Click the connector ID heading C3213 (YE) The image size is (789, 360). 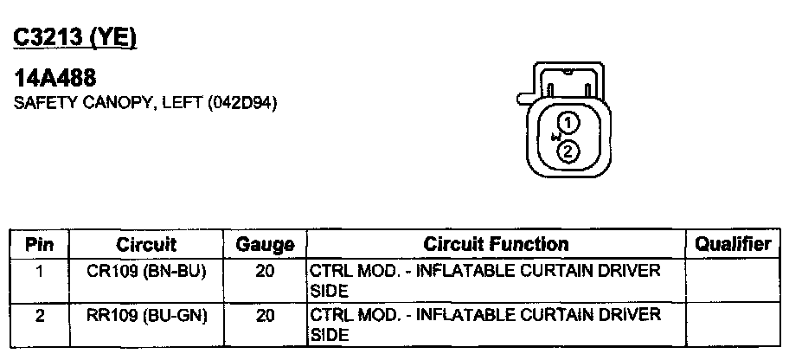(75, 38)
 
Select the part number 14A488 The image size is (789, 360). (55, 78)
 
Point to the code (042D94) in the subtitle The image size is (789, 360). (242, 103)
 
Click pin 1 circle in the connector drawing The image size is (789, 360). (568, 122)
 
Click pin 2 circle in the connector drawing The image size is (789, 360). (568, 151)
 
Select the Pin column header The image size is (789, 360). (39, 245)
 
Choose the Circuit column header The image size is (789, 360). (146, 245)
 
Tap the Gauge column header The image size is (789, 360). (266, 246)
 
